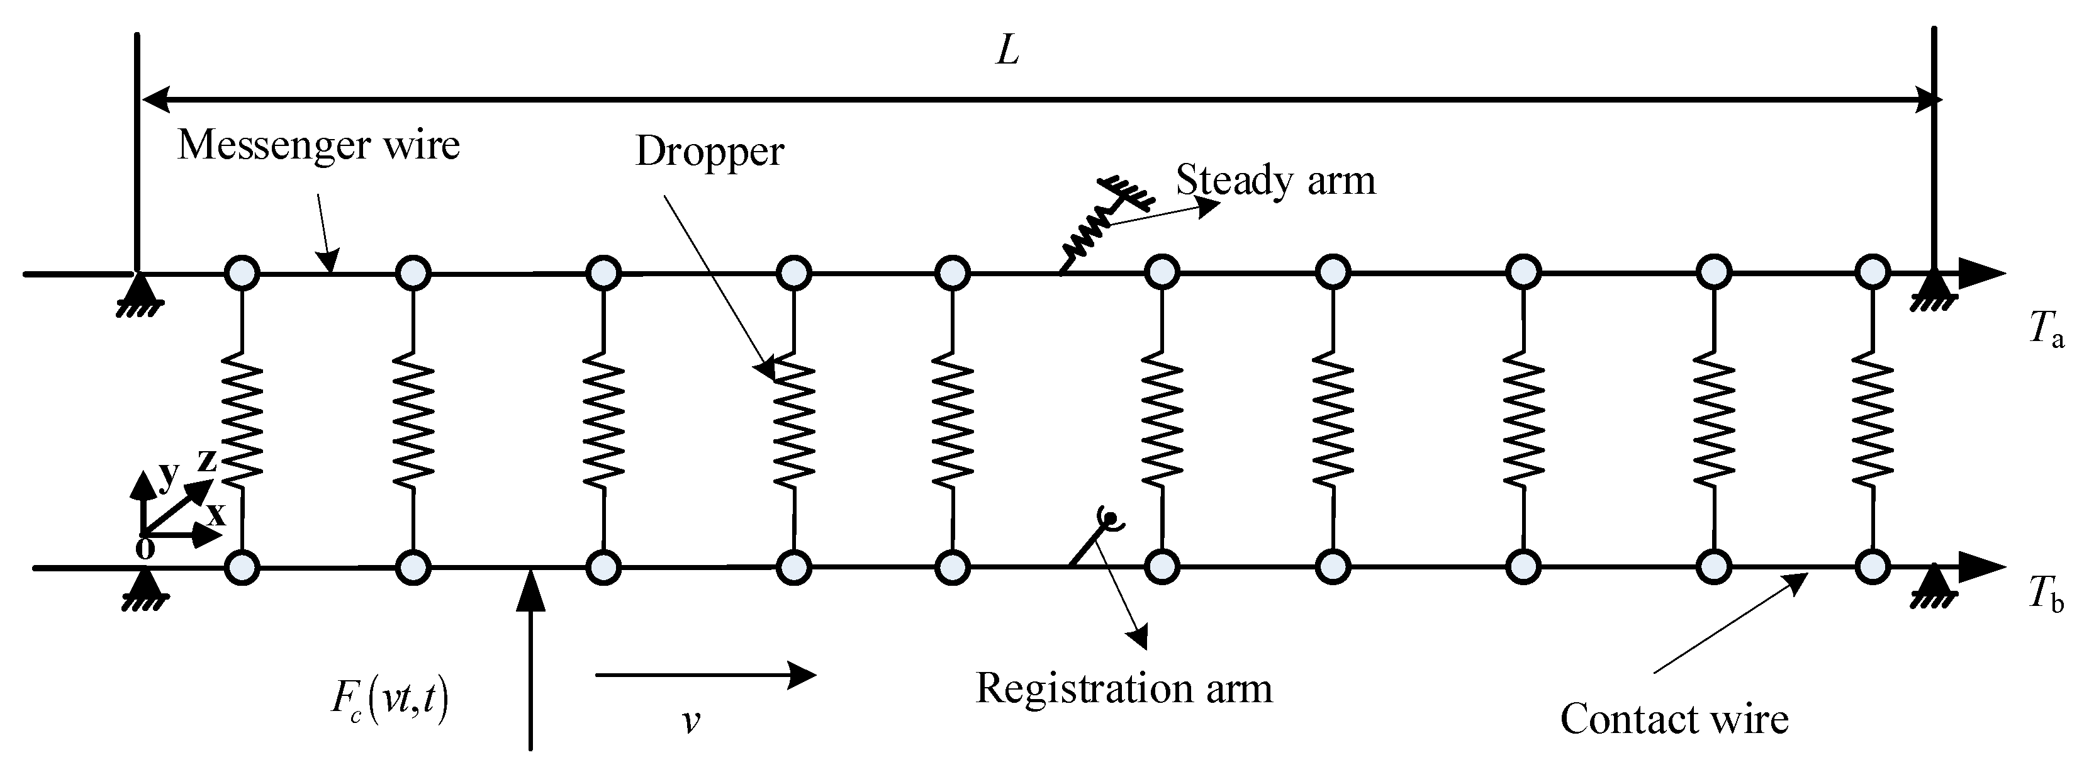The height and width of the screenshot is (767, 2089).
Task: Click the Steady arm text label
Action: [1275, 180]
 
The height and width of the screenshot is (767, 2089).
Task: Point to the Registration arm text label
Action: [1123, 689]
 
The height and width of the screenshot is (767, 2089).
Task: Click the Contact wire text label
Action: [1674, 719]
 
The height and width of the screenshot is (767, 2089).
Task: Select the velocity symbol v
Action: [691, 720]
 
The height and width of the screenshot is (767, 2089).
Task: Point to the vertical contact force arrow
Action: [530, 657]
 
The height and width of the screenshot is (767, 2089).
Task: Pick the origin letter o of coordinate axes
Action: [144, 548]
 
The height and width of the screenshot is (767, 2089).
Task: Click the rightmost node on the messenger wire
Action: [1873, 273]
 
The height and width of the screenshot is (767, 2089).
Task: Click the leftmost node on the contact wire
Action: [242, 567]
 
